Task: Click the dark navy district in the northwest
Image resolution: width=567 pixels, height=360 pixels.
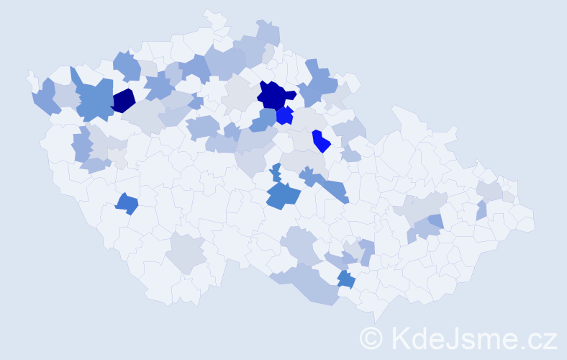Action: click(123, 101)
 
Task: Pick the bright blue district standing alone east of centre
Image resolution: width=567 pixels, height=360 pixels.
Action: click(321, 141)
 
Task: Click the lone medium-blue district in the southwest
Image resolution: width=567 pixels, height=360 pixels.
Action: click(127, 204)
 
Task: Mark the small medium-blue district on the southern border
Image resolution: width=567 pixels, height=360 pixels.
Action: click(345, 279)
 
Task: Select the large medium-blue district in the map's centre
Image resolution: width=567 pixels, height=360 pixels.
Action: click(281, 194)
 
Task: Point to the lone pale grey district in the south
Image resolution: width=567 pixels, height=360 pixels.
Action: click(186, 254)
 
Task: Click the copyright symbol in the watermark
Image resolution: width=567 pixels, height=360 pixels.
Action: click(372, 338)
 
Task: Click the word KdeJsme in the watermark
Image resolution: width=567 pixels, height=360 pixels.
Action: click(450, 338)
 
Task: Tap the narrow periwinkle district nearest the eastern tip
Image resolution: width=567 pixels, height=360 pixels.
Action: click(481, 210)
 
